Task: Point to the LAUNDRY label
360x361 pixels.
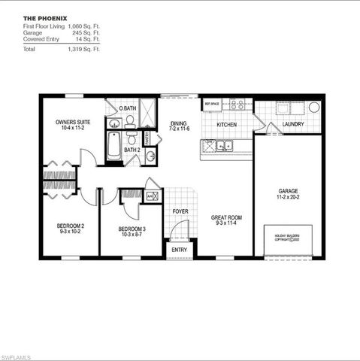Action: (293, 124)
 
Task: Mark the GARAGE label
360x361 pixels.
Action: (289, 192)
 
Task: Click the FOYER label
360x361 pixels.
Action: (180, 211)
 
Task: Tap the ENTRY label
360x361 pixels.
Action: (179, 250)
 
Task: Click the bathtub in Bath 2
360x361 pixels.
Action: (113, 145)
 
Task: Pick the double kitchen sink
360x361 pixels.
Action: (224, 145)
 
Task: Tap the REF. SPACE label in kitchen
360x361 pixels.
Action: (211, 104)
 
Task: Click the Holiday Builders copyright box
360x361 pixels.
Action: (288, 239)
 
